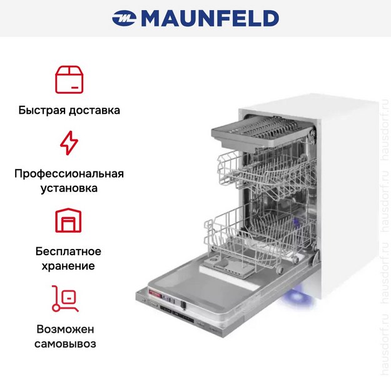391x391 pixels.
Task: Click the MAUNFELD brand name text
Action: [210, 18]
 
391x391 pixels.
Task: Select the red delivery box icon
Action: [69, 79]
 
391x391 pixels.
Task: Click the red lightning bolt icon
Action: [69, 143]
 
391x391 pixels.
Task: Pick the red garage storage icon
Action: [69, 221]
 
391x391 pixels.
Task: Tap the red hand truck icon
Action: [66, 298]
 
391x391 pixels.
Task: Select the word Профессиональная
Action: [69, 173]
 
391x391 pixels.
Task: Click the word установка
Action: [69, 188]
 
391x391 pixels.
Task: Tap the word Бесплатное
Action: [69, 251]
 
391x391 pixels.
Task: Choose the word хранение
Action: [69, 266]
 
